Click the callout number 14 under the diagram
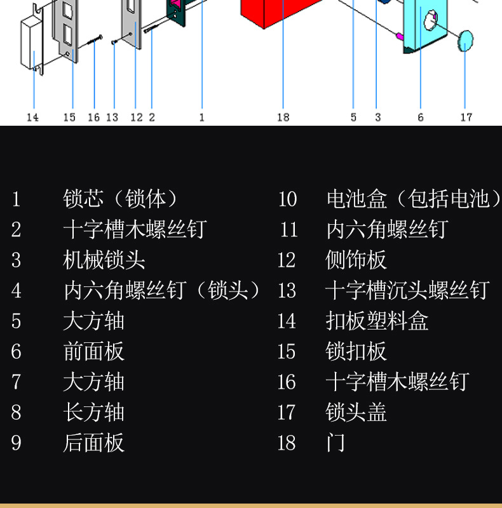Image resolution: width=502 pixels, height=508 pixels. point(32,117)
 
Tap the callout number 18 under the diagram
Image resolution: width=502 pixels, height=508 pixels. point(283,117)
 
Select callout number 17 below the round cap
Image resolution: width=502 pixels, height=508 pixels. point(466,117)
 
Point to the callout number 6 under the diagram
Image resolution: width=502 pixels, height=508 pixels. point(421,117)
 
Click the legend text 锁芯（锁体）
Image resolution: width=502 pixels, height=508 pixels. point(121,199)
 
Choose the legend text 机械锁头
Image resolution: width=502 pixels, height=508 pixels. point(104,260)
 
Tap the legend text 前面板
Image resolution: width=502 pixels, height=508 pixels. point(94,351)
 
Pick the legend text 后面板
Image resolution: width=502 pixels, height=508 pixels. point(94,443)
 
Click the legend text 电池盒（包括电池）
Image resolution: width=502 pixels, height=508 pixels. point(413,199)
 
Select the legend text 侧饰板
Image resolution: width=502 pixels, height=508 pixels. point(356,260)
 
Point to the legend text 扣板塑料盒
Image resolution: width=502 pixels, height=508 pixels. point(377,321)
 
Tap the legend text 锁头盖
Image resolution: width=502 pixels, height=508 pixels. point(356,412)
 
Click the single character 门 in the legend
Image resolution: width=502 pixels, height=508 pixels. point(336,443)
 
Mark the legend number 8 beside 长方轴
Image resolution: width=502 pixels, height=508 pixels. point(16,412)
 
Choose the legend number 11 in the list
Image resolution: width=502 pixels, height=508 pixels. point(288,229)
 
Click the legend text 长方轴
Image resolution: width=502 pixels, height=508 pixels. point(94,412)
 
